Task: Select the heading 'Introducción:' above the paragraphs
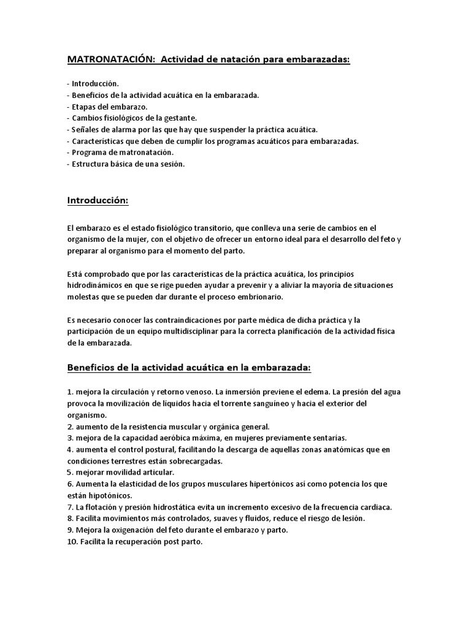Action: pyautogui.click(x=100, y=201)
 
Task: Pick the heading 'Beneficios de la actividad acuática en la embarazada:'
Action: pyautogui.click(x=189, y=367)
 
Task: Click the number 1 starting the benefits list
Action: pyautogui.click(x=70, y=391)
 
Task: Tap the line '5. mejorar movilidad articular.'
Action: pyautogui.click(x=120, y=473)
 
